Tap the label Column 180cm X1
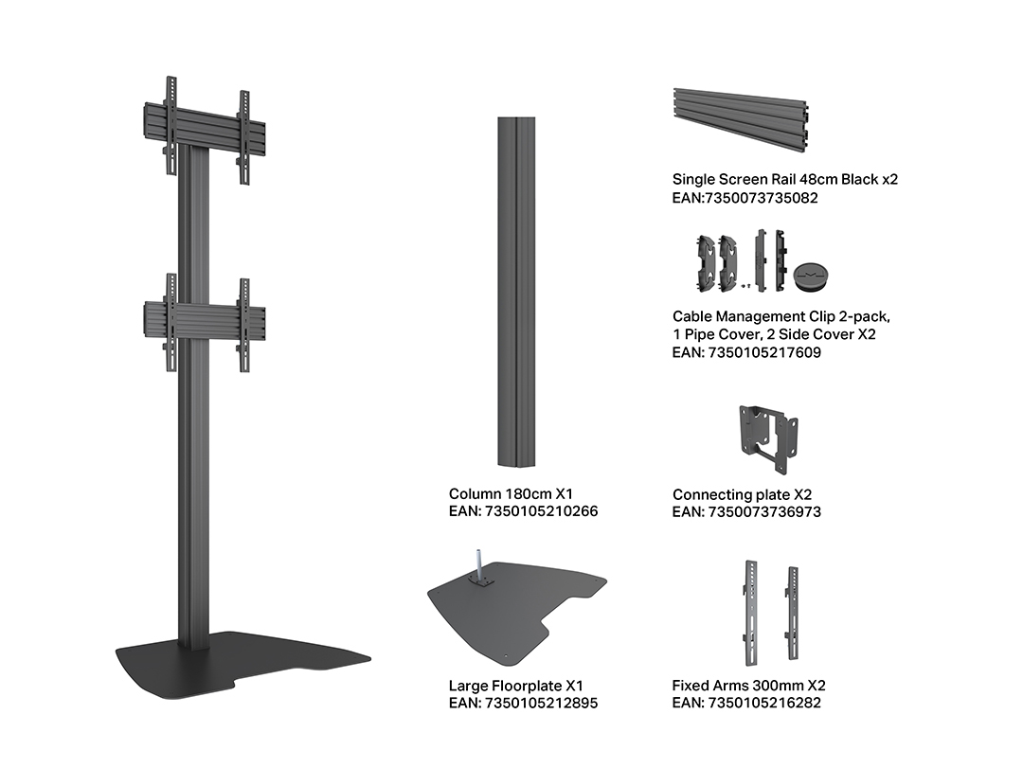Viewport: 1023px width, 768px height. (511, 494)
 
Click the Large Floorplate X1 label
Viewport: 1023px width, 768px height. (515, 686)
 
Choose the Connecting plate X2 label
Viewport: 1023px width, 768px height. (743, 494)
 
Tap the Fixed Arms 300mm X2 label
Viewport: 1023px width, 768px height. (749, 685)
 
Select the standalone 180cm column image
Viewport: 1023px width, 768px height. (517, 292)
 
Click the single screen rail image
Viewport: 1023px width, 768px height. (741, 120)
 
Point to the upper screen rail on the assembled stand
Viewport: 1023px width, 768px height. (205, 131)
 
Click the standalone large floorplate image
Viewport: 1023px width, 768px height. (517, 610)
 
